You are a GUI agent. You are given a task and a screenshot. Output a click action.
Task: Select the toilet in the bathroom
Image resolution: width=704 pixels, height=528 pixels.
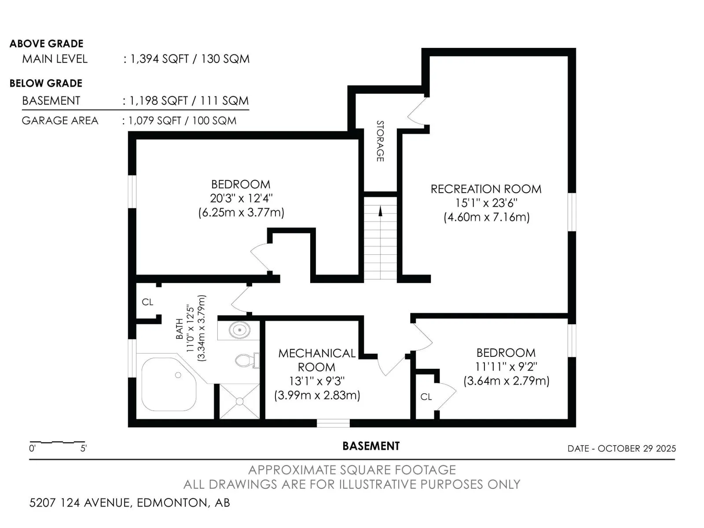tap(246, 361)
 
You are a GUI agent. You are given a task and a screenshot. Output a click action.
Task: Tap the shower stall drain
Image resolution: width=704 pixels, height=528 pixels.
tap(239, 401)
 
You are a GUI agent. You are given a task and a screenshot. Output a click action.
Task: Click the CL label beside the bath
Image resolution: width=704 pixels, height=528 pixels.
tap(147, 302)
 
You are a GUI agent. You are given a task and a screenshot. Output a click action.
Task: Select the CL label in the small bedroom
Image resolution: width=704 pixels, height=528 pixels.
tap(426, 397)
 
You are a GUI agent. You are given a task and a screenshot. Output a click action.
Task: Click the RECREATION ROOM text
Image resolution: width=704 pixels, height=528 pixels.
tap(486, 189)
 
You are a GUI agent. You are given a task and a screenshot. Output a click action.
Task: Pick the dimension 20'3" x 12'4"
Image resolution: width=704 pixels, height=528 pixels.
tap(241, 198)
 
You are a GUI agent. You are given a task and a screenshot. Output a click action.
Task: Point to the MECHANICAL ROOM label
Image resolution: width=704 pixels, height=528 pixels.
tap(317, 360)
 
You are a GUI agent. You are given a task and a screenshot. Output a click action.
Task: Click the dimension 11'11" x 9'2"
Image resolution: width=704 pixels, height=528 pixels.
tap(506, 367)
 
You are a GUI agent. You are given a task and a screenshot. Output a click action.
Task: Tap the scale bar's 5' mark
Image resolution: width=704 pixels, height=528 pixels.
tap(84, 448)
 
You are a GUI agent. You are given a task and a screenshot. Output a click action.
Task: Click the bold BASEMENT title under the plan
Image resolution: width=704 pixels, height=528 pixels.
tap(371, 446)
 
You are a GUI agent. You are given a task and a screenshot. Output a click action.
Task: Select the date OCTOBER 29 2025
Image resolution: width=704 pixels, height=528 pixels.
tap(637, 448)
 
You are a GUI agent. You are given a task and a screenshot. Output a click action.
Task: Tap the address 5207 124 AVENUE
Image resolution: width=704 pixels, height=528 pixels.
tap(80, 502)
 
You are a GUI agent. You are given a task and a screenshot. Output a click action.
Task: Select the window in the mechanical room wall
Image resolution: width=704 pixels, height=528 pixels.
tap(333, 423)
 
